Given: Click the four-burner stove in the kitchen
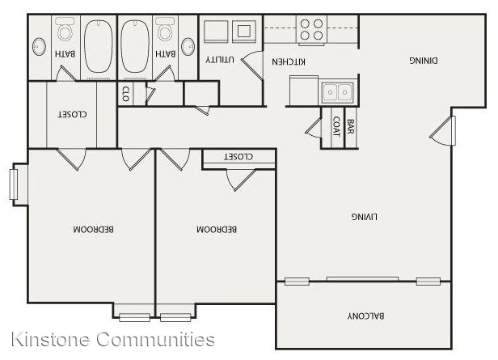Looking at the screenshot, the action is click(311, 29).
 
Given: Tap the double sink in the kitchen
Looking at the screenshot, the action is click(337, 92).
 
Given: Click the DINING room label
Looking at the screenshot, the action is click(424, 61).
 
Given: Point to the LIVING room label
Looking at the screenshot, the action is click(365, 217).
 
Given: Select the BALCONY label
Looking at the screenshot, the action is click(365, 316).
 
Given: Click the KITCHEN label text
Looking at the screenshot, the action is click(289, 61).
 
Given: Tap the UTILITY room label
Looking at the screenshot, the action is click(220, 59).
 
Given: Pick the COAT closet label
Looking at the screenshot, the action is click(336, 126).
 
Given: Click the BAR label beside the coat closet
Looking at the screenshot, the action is click(351, 126).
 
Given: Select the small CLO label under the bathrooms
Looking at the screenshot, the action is click(126, 94).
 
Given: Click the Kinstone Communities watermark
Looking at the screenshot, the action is click(113, 339).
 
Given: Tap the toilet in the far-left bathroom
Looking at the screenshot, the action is click(65, 29).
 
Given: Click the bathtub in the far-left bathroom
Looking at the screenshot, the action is click(99, 46).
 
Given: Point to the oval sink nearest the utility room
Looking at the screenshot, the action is click(188, 47).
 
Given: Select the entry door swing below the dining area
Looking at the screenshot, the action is click(442, 130).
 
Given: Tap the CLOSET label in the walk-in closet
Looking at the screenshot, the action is click(72, 114).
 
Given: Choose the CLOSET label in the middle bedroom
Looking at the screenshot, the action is click(238, 156).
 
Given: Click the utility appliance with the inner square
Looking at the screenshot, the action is click(244, 31).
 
